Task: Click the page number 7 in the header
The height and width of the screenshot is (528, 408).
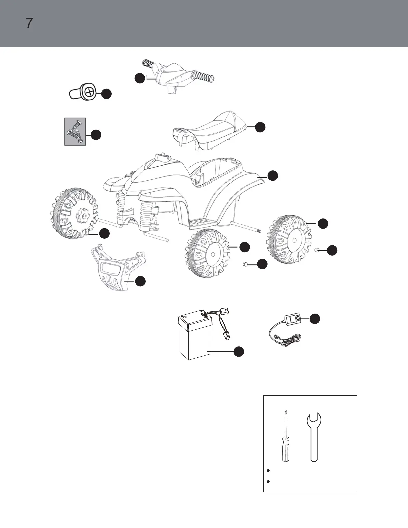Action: (29, 23)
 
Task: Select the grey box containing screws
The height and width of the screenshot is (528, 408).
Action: (75, 131)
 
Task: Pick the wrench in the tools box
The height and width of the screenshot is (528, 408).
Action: (314, 437)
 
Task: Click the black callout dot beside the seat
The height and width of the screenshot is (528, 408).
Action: (260, 127)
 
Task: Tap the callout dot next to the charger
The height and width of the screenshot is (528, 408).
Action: (315, 319)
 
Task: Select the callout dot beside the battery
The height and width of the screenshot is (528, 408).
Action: (238, 351)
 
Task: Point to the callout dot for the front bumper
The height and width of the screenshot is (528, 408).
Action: (140, 281)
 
